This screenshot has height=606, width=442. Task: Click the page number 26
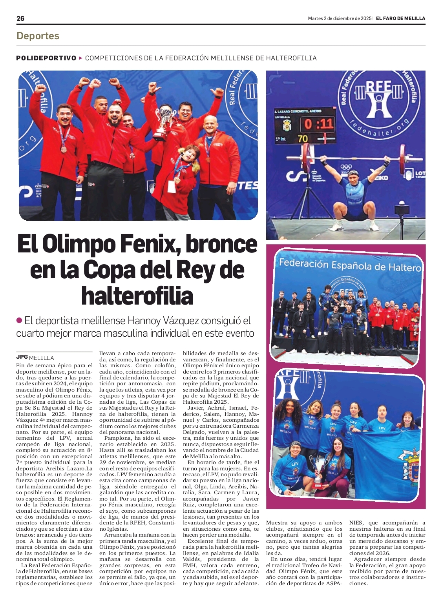(20, 18)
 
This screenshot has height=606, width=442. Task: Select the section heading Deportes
(38, 36)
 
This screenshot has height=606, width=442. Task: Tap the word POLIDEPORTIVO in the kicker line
(46, 58)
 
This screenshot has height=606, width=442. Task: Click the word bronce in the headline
(221, 244)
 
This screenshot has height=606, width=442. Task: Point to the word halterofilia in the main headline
(137, 296)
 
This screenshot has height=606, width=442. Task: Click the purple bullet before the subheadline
(19, 320)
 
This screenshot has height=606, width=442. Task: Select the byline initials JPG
(22, 357)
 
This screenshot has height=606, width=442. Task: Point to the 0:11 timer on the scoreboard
(319, 124)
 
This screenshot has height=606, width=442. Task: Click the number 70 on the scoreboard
(303, 138)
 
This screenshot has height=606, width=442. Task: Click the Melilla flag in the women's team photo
(389, 463)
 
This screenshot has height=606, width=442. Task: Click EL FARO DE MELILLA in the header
(400, 18)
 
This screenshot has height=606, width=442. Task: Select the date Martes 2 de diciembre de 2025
(340, 18)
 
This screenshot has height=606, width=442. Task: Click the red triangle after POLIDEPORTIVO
(81, 58)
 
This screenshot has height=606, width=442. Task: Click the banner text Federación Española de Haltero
(349, 265)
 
